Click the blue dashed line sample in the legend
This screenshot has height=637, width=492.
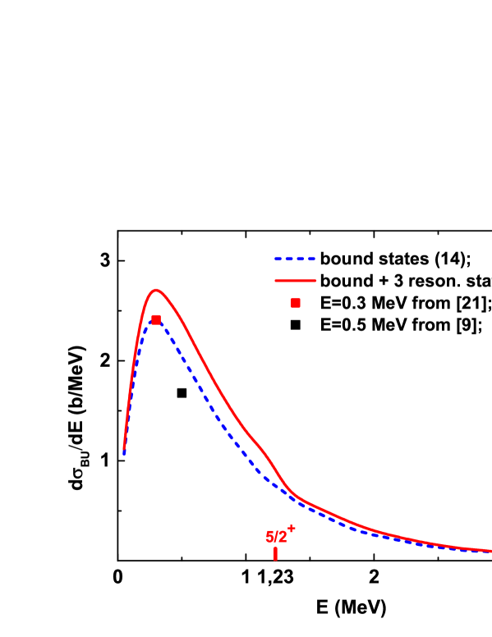pos(295,259)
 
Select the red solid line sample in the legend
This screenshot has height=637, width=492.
pos(295,281)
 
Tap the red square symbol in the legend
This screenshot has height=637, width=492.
pos(296,303)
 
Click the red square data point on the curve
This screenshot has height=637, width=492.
pos(156,319)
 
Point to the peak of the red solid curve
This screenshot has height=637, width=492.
pos(155,290)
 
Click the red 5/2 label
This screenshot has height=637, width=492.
pos(277,538)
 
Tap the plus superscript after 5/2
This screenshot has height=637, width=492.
pos(291,529)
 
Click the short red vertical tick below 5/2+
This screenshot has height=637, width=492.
pos(275,554)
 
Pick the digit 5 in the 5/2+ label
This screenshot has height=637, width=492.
pos(269,538)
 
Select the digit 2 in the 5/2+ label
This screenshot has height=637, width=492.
pos(283,538)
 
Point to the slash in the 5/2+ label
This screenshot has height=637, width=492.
pos(277,538)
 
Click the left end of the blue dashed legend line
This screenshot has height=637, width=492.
pos(275,259)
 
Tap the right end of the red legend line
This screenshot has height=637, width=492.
pos(315,281)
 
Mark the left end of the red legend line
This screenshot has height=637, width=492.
pos(275,281)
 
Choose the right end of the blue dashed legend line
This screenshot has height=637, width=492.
pos(315,259)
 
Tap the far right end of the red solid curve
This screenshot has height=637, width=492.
pos(490,551)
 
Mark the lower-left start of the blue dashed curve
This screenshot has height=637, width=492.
pos(124,454)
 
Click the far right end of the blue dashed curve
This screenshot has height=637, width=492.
pos(490,552)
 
